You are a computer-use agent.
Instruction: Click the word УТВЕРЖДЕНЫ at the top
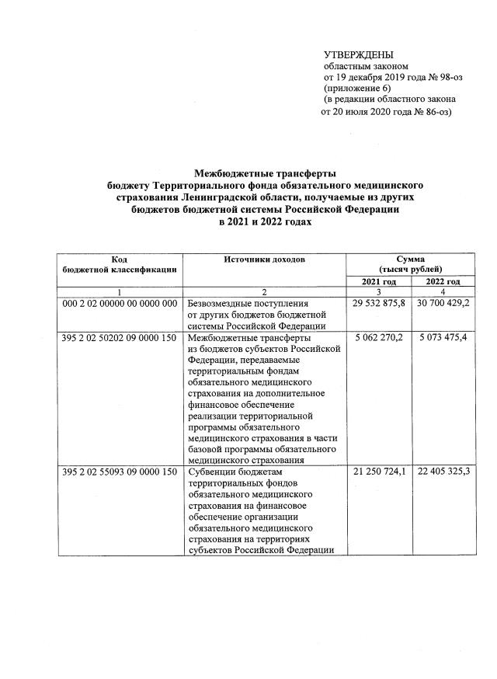(358, 54)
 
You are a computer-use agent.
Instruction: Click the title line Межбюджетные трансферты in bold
(264, 176)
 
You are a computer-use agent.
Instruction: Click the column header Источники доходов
(263, 258)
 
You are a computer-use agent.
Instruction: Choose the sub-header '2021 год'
(380, 281)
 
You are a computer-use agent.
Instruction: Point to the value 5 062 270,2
(381, 339)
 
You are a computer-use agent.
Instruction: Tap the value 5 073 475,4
(446, 339)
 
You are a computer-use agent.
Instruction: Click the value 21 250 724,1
(379, 472)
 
